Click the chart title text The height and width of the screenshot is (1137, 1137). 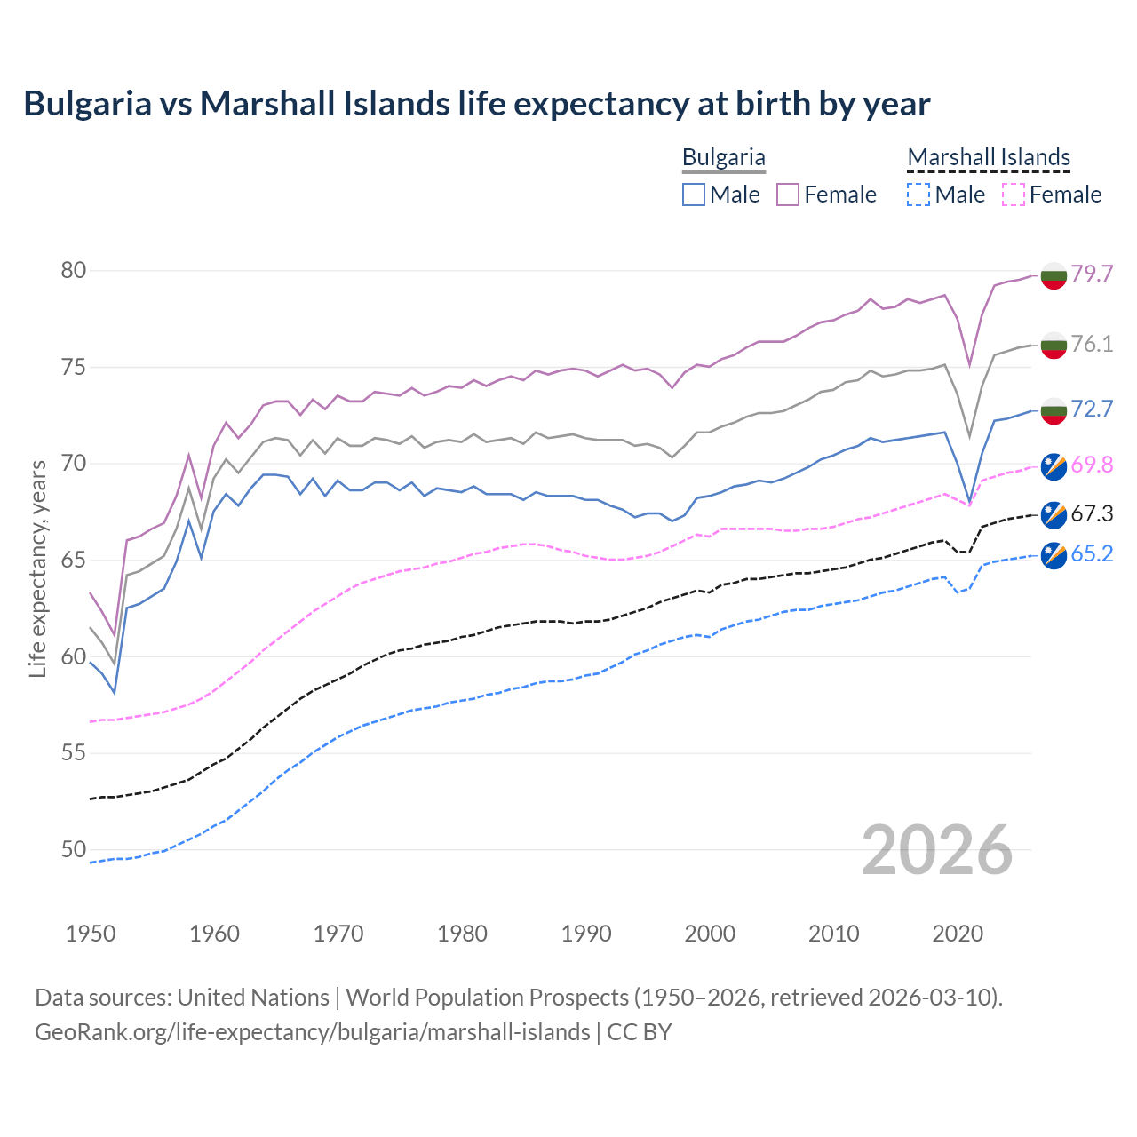pyautogui.click(x=476, y=104)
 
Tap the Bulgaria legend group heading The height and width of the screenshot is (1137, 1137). pyautogui.click(x=723, y=157)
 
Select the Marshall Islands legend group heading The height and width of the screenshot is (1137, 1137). pyautogui.click(x=989, y=157)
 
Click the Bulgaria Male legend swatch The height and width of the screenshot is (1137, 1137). pyautogui.click(x=694, y=195)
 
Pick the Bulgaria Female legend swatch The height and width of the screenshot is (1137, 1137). pyautogui.click(x=788, y=195)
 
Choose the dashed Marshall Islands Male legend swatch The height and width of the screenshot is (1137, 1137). pyautogui.click(x=918, y=195)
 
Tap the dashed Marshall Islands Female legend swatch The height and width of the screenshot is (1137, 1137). pyautogui.click(x=1014, y=195)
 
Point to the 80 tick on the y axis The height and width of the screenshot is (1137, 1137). pyautogui.click(x=74, y=270)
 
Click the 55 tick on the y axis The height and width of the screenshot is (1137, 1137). pyautogui.click(x=74, y=753)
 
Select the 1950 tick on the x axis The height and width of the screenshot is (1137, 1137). pyautogui.click(x=91, y=934)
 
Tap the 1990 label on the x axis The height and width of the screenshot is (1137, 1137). pyautogui.click(x=586, y=934)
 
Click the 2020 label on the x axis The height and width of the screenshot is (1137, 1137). pyautogui.click(x=958, y=934)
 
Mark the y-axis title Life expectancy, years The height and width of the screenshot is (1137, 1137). pyautogui.click(x=37, y=568)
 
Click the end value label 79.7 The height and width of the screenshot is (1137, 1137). pyautogui.click(x=1092, y=274)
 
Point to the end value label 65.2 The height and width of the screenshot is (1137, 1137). pyautogui.click(x=1092, y=554)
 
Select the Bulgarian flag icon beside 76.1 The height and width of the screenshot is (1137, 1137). pyautogui.click(x=1054, y=345)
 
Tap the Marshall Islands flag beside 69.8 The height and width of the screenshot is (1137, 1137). pyautogui.click(x=1054, y=465)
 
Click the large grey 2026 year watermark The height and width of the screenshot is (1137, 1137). pyautogui.click(x=937, y=850)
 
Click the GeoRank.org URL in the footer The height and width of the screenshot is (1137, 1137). pyautogui.click(x=313, y=1032)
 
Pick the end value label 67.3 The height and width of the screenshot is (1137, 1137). pyautogui.click(x=1092, y=514)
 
